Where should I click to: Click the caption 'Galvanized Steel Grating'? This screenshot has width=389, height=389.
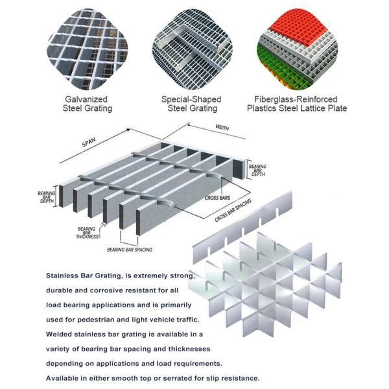tap(88, 104)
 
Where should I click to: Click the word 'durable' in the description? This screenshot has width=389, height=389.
tap(60, 289)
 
